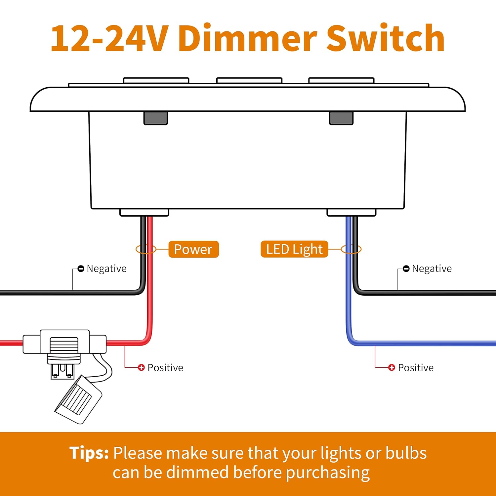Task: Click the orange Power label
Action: point(193,249)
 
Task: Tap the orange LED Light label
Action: point(294,249)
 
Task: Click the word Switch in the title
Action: point(385,39)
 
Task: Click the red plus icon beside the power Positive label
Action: point(141,367)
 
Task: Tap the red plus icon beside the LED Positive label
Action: point(392,367)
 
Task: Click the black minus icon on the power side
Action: point(81,269)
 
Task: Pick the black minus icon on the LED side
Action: point(406,269)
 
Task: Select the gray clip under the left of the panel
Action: point(156,118)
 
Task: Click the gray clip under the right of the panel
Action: point(341,118)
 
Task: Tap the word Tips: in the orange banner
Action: point(89,453)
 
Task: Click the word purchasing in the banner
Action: point(327,473)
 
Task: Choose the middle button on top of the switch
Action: point(249,80)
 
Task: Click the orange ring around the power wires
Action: point(137,249)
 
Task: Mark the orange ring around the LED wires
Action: point(360,249)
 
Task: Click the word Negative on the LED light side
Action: point(432,269)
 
